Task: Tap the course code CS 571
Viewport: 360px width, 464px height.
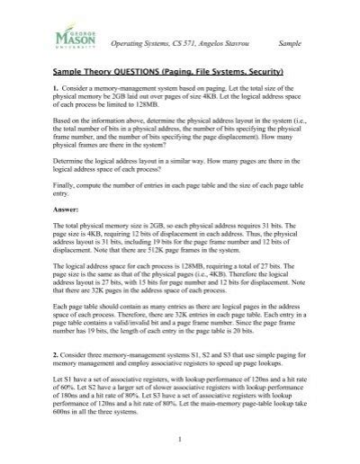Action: click(x=176, y=42)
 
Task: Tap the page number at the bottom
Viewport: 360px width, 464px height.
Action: click(x=181, y=439)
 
